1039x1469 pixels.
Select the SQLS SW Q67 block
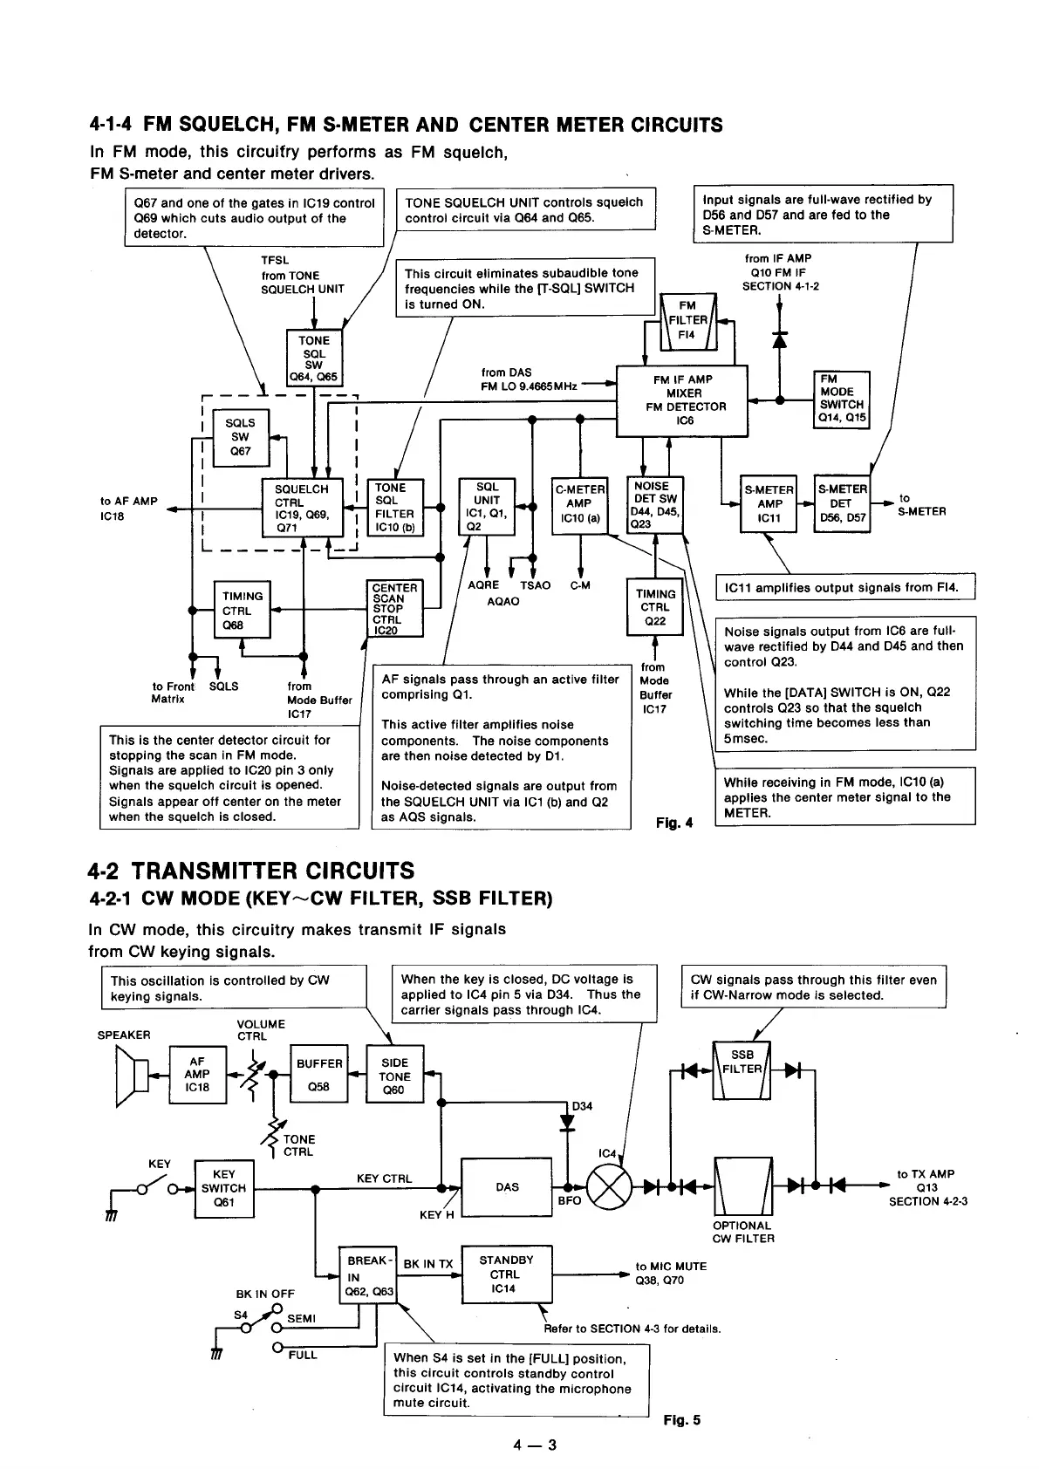pyautogui.click(x=241, y=437)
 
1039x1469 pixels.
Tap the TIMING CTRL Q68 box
pyautogui.click(x=242, y=610)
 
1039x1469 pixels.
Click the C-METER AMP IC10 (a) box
pyautogui.click(x=579, y=504)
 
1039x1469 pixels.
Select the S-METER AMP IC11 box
pyautogui.click(x=769, y=504)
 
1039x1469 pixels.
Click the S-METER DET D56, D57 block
pyautogui.click(x=842, y=504)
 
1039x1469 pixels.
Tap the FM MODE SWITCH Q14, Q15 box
pyautogui.click(x=842, y=399)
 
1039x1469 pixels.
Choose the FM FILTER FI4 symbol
pyautogui.click(x=687, y=321)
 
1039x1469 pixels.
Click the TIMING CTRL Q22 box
pyautogui.click(x=655, y=606)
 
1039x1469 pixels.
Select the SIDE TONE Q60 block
pyautogui.click(x=394, y=1076)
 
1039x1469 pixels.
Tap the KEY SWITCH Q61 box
pyautogui.click(x=224, y=1188)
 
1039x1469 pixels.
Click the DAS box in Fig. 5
pyautogui.click(x=507, y=1187)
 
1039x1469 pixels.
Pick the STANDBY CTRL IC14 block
pyautogui.click(x=506, y=1274)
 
